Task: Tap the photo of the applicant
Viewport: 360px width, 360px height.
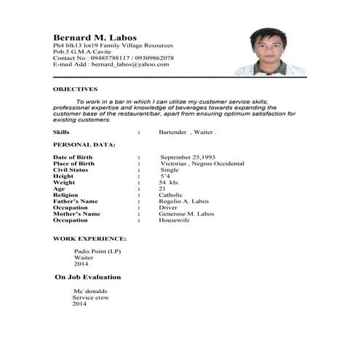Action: tap(268, 52)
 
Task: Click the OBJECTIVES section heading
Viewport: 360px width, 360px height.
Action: tap(75, 89)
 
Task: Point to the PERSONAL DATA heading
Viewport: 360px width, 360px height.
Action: tap(84, 145)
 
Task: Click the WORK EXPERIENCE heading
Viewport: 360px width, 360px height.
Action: tap(89, 239)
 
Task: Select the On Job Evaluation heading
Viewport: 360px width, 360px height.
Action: tap(88, 277)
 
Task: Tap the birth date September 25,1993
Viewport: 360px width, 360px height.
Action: tap(191, 158)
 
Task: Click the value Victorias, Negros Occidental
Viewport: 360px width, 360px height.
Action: tap(201, 164)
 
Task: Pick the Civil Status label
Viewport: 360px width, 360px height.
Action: tap(71, 170)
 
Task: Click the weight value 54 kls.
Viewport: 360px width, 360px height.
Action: tap(169, 183)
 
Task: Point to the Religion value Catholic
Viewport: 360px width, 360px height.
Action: tap(172, 195)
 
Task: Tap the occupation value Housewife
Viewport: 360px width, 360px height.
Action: tap(174, 220)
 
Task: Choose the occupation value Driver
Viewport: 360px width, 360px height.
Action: tap(168, 207)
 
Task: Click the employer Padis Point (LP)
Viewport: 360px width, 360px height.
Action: tap(97, 251)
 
